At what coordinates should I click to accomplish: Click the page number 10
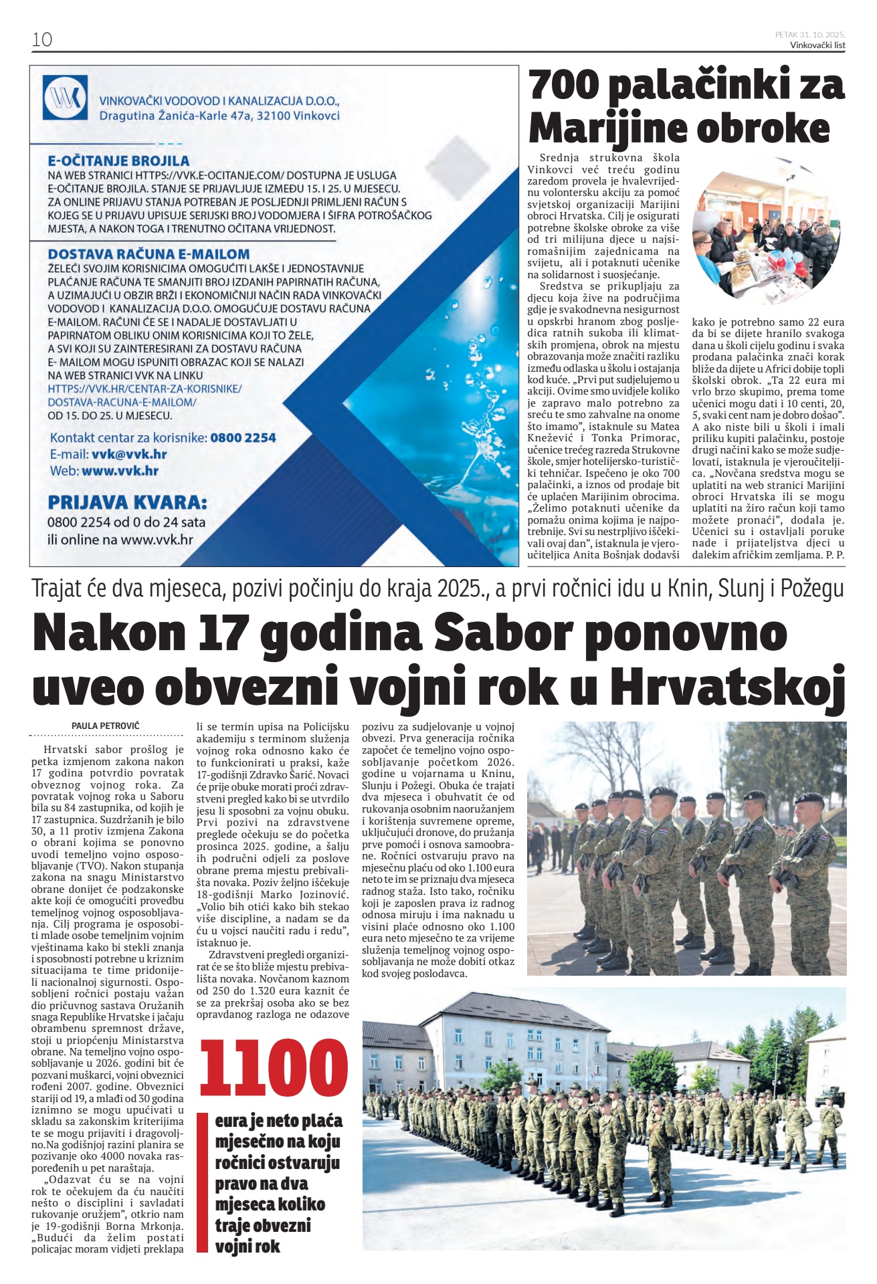coord(41,39)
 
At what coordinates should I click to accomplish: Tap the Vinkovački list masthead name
coord(817,45)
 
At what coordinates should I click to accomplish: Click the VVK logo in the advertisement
coord(65,98)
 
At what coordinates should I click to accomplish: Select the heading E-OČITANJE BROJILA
coord(118,160)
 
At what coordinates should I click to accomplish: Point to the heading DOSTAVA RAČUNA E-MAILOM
coord(149,254)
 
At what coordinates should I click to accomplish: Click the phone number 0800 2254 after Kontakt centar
coord(243,438)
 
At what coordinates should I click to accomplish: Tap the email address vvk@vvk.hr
coord(129,454)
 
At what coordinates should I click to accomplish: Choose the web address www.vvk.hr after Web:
coord(120,470)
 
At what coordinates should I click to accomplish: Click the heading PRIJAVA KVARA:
coord(127,502)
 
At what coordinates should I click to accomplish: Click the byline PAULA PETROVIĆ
coord(106,726)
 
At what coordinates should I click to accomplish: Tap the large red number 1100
coord(274,1068)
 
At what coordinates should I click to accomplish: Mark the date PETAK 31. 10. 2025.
coord(810,34)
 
